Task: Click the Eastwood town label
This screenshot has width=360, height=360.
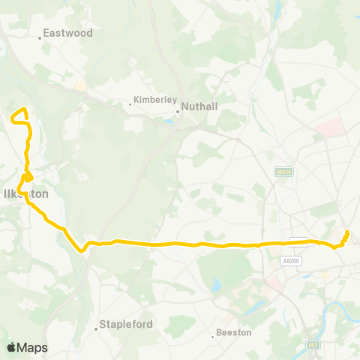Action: pos(67,33)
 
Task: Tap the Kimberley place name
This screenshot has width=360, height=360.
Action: pos(154,99)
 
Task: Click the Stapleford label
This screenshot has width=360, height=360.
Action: pos(127,325)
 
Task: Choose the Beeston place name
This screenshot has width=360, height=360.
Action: pos(233,331)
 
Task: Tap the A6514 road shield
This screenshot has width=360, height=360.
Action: pos(282,172)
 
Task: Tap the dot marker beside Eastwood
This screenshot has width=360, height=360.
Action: pos(40,36)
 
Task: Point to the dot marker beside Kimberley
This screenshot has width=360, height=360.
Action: pos(130,104)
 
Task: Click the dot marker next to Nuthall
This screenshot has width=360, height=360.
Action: pos(178,112)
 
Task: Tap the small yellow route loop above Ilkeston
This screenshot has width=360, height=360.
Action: pos(26,178)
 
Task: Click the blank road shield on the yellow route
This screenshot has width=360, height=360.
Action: pos(298,241)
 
